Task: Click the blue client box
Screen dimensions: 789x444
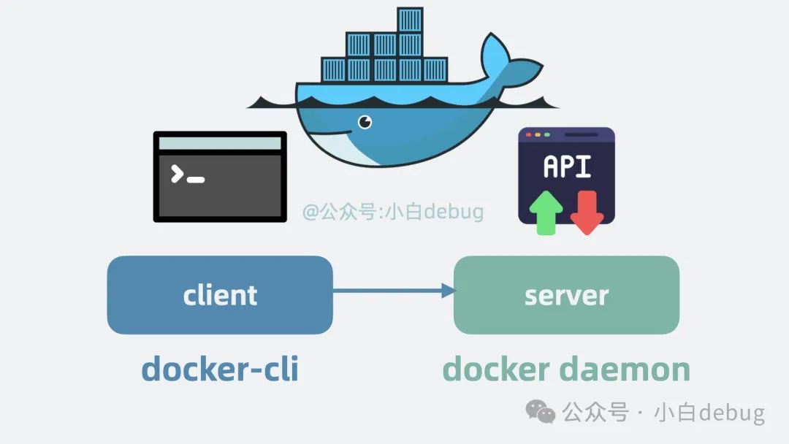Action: coord(220,295)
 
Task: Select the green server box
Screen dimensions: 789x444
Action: coord(567,295)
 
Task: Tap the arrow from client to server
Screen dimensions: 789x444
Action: coord(394,291)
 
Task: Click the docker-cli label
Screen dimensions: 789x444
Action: coord(220,370)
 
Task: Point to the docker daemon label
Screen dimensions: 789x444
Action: coord(566,370)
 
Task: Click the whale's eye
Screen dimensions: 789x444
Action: coord(365,122)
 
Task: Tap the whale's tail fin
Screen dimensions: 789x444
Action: coord(508,63)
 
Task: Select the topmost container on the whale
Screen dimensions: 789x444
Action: coord(410,20)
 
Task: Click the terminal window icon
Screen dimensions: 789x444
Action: coord(220,177)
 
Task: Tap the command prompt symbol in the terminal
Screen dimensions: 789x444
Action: coord(188,175)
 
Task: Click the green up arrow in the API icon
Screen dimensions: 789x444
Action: coord(546,213)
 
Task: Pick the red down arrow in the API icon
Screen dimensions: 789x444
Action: coord(587,213)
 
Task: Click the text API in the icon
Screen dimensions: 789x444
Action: coord(567,166)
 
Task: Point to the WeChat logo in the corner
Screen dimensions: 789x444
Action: coord(540,412)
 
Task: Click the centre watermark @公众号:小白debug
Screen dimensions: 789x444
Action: coord(393,211)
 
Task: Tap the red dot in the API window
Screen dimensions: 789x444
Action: coord(528,135)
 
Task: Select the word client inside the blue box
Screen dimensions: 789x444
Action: coord(220,295)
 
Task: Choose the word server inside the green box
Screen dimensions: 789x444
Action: coord(567,296)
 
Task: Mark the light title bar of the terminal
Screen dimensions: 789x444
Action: coord(220,143)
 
